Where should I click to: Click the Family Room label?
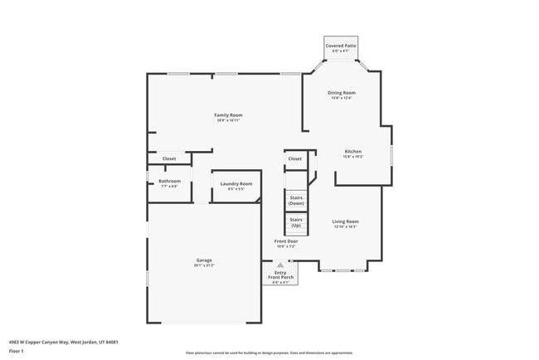coord(228,114)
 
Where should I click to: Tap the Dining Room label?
coord(342,92)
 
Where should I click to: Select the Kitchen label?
coord(353,151)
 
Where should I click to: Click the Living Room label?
coord(345,221)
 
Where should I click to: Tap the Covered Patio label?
coord(341,46)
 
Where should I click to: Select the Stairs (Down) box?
coord(296,200)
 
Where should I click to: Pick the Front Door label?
coord(286,241)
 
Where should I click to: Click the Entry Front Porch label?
coord(280,275)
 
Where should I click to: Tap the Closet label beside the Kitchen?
coord(295,158)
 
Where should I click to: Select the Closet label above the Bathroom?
coord(169,158)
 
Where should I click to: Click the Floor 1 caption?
coord(17,350)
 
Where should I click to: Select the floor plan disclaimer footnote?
coord(269,353)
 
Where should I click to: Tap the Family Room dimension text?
coord(228,120)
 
